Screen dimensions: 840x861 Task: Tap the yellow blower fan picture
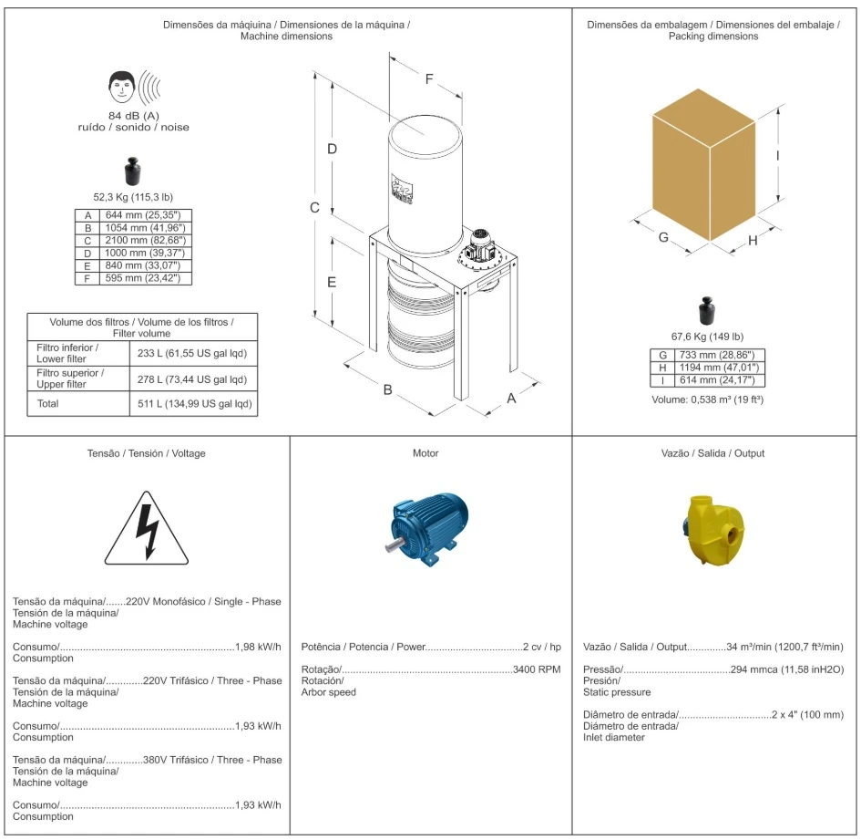click(713, 526)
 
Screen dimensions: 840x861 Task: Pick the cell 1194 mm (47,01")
click(719, 368)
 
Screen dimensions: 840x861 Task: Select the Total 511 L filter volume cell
click(193, 404)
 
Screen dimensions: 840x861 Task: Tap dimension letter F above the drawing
click(429, 78)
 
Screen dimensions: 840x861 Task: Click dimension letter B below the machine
click(387, 389)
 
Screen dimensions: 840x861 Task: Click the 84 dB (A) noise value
click(134, 116)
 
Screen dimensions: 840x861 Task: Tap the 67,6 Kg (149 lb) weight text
click(707, 336)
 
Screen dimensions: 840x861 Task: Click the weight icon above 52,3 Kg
click(133, 172)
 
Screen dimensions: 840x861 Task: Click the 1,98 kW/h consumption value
click(259, 647)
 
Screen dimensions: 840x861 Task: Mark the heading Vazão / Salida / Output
click(712, 453)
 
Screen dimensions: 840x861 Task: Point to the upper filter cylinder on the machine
click(425, 178)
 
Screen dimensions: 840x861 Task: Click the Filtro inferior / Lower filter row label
click(68, 353)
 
